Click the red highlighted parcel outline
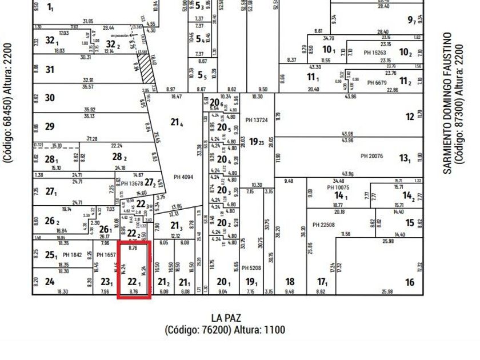(x=134, y=270)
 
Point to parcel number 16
(x=409, y=282)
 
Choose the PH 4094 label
(x=183, y=177)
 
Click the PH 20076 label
(x=371, y=156)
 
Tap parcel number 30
(x=50, y=98)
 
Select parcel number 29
(x=50, y=126)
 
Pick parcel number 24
(x=50, y=281)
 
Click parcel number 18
(x=290, y=282)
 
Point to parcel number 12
(x=410, y=117)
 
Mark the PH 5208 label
(x=251, y=267)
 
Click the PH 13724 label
(x=257, y=120)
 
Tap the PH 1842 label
(x=73, y=254)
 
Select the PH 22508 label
(x=323, y=225)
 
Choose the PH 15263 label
(x=375, y=53)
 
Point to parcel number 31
(x=50, y=70)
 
